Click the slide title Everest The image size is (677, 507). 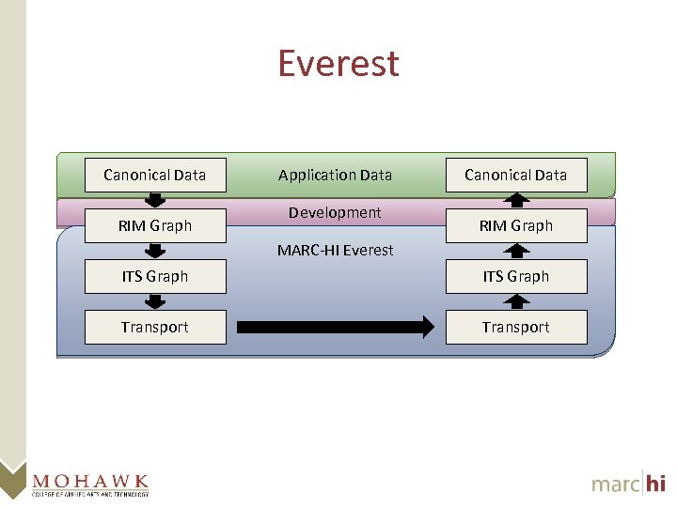pyautogui.click(x=338, y=64)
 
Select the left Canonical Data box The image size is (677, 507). pyautogui.click(x=155, y=175)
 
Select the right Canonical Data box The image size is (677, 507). pyautogui.click(x=516, y=175)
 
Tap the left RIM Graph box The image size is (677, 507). pyautogui.click(x=155, y=225)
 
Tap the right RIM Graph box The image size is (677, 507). pyautogui.click(x=516, y=225)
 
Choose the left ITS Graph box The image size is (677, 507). pyautogui.click(x=155, y=276)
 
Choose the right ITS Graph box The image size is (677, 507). pyautogui.click(x=516, y=276)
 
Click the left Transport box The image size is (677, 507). pyautogui.click(x=155, y=327)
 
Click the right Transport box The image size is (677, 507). pyautogui.click(x=516, y=327)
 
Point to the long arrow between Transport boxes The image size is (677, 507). pyautogui.click(x=335, y=327)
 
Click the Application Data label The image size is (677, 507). pyautogui.click(x=335, y=175)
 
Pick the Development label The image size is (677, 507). pyautogui.click(x=335, y=212)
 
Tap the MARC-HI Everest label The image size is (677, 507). pyautogui.click(x=335, y=250)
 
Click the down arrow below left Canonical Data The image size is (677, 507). pyautogui.click(x=155, y=200)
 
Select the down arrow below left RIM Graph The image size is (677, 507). pyautogui.click(x=155, y=251)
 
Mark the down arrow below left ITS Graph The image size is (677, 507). pyautogui.click(x=155, y=301)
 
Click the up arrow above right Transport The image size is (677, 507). pyautogui.click(x=516, y=301)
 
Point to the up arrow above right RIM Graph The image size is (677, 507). pyautogui.click(x=516, y=200)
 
